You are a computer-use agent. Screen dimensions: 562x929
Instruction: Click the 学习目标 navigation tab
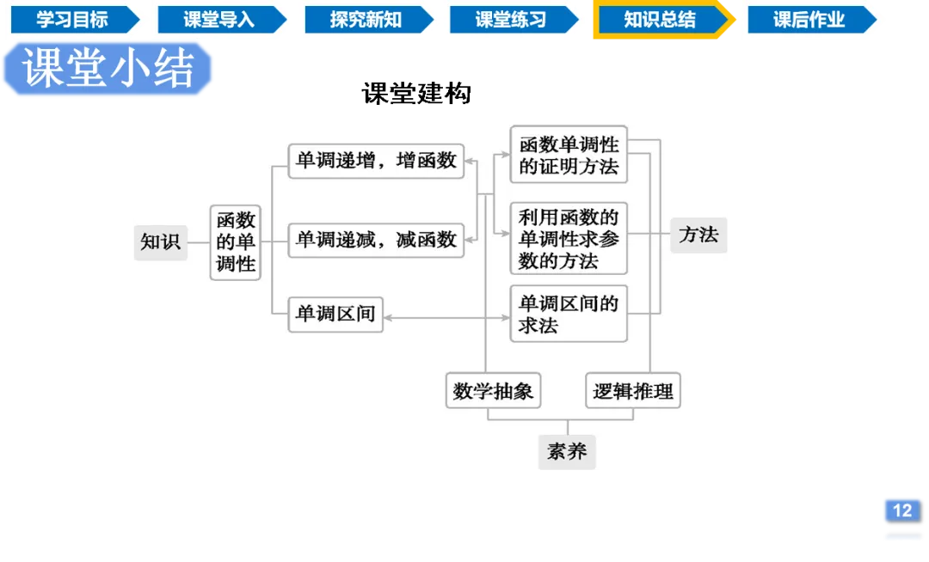73,20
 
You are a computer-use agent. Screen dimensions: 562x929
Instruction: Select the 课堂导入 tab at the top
219,20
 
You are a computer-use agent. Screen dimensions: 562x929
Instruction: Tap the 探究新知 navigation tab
366,20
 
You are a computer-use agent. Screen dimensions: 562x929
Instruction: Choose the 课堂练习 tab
511,20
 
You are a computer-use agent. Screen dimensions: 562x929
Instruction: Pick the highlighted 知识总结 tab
660,20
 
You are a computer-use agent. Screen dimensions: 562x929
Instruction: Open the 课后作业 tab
809,20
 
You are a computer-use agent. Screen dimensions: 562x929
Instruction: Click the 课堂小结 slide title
108,69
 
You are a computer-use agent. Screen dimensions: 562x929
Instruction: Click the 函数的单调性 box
236,242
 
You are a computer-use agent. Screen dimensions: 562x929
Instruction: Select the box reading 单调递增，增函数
376,161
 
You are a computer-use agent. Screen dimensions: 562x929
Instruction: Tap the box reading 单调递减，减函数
376,240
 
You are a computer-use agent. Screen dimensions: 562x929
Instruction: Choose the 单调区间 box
335,315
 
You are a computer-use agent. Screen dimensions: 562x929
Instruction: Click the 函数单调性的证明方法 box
569,155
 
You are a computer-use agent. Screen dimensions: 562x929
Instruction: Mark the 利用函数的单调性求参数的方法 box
569,239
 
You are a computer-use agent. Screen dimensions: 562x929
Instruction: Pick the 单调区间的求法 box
569,314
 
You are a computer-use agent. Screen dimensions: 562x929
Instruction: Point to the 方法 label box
698,235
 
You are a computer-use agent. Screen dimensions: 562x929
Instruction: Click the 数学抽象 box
494,391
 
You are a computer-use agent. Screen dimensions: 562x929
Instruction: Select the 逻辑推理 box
633,391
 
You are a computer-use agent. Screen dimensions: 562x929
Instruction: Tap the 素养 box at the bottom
567,451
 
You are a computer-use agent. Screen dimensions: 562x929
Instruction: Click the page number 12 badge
901,510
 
